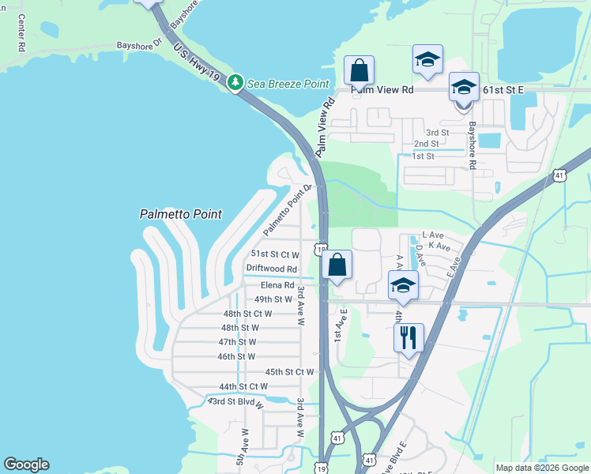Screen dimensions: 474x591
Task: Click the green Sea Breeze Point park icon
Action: pyautogui.click(x=235, y=82)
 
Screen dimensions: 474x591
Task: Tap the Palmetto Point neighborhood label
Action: pyautogui.click(x=180, y=214)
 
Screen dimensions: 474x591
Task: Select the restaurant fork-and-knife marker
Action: pyautogui.click(x=408, y=338)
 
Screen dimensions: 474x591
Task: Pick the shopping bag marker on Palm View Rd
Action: pyautogui.click(x=359, y=70)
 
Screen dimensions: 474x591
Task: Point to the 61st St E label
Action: pyautogui.click(x=503, y=90)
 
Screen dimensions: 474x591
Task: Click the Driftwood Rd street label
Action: pyautogui.click(x=271, y=269)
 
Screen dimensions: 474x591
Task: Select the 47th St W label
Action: pyautogui.click(x=237, y=342)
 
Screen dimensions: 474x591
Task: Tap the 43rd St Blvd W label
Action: pyautogui.click(x=235, y=401)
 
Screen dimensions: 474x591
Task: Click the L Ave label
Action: pyautogui.click(x=433, y=235)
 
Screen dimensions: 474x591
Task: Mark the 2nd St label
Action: pyautogui.click(x=426, y=144)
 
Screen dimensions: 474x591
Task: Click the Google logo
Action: pyautogui.click(x=27, y=465)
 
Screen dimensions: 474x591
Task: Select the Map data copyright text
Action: pyautogui.click(x=541, y=468)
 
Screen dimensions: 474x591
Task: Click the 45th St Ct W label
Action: pyautogui.click(x=289, y=371)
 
